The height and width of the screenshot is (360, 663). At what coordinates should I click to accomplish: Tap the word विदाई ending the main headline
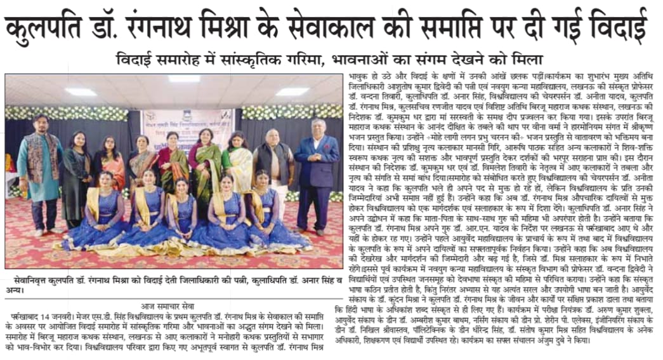(x=622, y=29)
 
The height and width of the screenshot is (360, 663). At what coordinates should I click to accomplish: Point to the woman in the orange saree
(x=114, y=168)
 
